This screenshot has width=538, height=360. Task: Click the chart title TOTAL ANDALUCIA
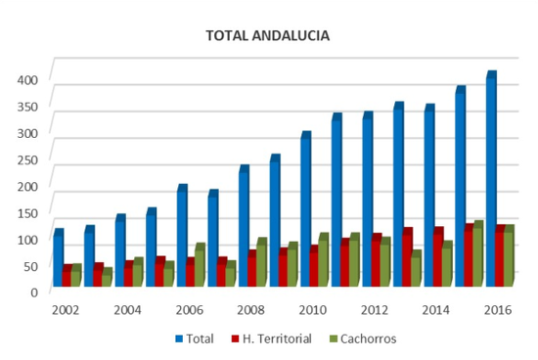tap(268, 35)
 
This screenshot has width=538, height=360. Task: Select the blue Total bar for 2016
tap(491, 178)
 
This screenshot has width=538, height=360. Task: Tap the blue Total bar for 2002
tap(59, 257)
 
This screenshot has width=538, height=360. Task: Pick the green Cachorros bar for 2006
tap(200, 264)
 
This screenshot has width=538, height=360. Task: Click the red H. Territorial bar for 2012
tap(376, 260)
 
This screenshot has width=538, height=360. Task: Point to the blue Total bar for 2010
tap(306, 208)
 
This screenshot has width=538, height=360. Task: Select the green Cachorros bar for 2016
tap(509, 255)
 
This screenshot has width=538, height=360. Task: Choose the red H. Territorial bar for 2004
tap(129, 274)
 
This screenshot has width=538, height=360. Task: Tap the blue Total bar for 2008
tap(244, 226)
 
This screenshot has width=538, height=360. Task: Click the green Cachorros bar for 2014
tap(447, 263)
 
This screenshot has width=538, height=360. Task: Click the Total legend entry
tap(195, 339)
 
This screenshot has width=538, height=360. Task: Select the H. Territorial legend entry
tap(272, 339)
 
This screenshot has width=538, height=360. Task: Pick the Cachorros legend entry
tap(363, 339)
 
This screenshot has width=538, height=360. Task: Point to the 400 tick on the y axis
tap(27, 80)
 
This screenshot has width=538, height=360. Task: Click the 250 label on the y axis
tap(27, 160)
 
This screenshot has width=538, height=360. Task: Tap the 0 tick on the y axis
tap(34, 292)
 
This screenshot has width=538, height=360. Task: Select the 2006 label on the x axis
tap(190, 310)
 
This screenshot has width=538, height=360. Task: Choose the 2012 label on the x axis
tap(375, 310)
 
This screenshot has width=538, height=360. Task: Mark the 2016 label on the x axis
tap(498, 310)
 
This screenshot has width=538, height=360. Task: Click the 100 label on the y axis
tap(27, 240)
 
